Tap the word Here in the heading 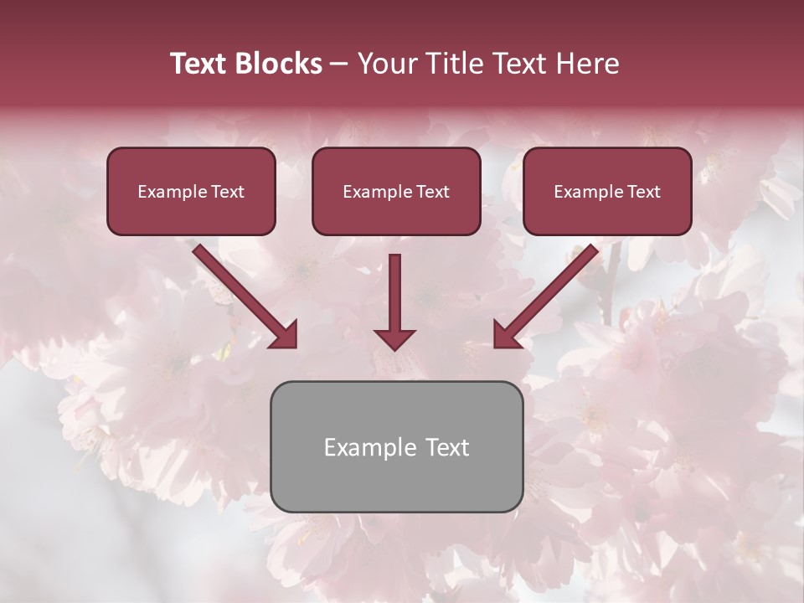click(x=586, y=64)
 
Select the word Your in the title click(x=386, y=64)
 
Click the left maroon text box click(x=191, y=191)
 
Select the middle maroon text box click(x=396, y=191)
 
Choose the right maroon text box click(x=607, y=191)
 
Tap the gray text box click(x=396, y=446)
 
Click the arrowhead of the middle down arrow click(x=394, y=338)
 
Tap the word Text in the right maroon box click(x=643, y=192)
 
